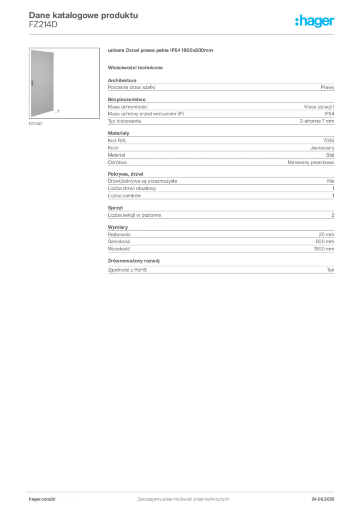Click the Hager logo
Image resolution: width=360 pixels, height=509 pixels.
[315, 21]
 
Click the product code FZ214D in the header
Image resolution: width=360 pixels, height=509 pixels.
[43, 25]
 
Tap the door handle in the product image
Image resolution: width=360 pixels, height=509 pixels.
[32, 83]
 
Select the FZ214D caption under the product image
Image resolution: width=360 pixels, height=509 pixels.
[35, 124]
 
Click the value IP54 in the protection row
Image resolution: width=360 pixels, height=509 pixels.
[329, 114]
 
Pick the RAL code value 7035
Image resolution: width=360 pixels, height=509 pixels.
[329, 140]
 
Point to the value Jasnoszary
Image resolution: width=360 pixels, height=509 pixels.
[322, 148]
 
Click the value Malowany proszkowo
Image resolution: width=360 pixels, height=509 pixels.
[311, 162]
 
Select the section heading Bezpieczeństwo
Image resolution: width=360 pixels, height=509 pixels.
[127, 99]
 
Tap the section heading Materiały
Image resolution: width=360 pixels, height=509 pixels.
[118, 133]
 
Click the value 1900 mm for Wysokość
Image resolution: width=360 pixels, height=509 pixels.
[324, 249]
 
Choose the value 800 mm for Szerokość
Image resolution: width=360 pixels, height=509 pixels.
[325, 242]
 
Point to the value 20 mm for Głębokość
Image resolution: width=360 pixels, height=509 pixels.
[326, 235]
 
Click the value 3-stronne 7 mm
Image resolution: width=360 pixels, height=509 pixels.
[317, 121]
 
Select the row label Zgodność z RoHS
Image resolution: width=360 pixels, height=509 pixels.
[127, 270]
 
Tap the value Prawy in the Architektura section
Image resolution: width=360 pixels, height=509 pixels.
[327, 87]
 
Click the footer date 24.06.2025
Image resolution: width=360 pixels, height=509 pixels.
[323, 499]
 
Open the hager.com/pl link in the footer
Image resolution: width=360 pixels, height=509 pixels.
[42, 499]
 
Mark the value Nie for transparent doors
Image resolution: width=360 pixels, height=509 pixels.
[331, 181]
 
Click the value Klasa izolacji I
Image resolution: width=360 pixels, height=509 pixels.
[319, 107]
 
